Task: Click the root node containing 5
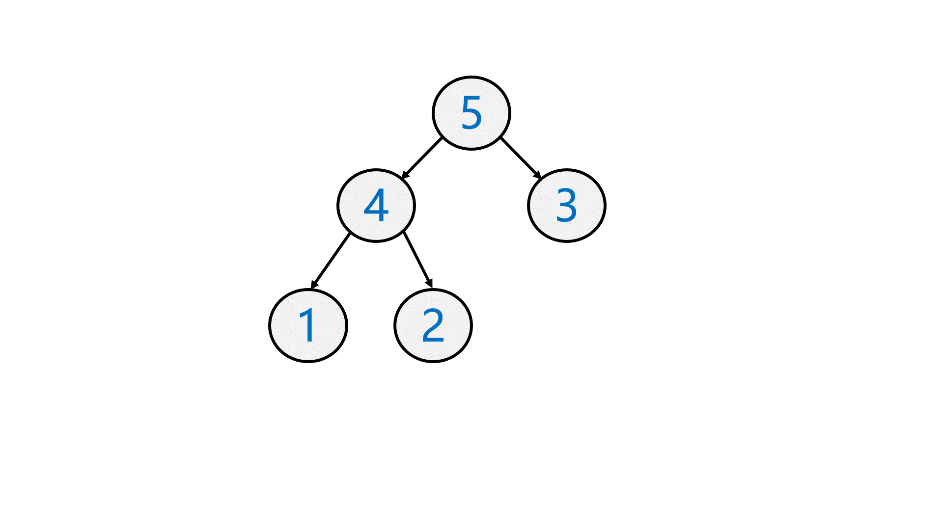471,113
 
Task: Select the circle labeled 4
376,206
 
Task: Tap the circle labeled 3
567,206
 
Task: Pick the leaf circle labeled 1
308,326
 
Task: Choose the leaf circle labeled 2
433,326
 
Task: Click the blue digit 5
471,113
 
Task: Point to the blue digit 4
376,206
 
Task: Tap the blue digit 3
566,206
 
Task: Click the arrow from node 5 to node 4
422,158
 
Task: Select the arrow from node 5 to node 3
521,158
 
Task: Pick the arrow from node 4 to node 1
331,261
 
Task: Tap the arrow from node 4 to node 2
418,259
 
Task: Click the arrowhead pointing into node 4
405,175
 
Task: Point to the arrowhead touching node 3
538,175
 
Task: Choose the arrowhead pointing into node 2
430,284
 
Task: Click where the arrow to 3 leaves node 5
500,138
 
